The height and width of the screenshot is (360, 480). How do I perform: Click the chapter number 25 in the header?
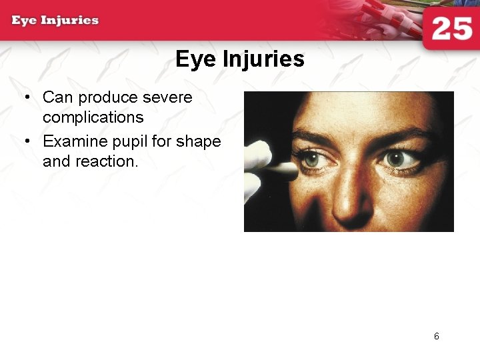[x=451, y=29]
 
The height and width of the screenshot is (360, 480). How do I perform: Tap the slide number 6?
[x=437, y=337]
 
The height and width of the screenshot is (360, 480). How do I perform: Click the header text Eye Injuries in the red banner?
[x=55, y=20]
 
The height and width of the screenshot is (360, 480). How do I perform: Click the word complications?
[x=93, y=117]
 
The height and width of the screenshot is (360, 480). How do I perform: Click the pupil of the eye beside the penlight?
[x=311, y=160]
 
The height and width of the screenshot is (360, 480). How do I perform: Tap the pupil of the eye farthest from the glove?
[x=396, y=159]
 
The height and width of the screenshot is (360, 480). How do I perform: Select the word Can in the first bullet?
[x=57, y=97]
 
